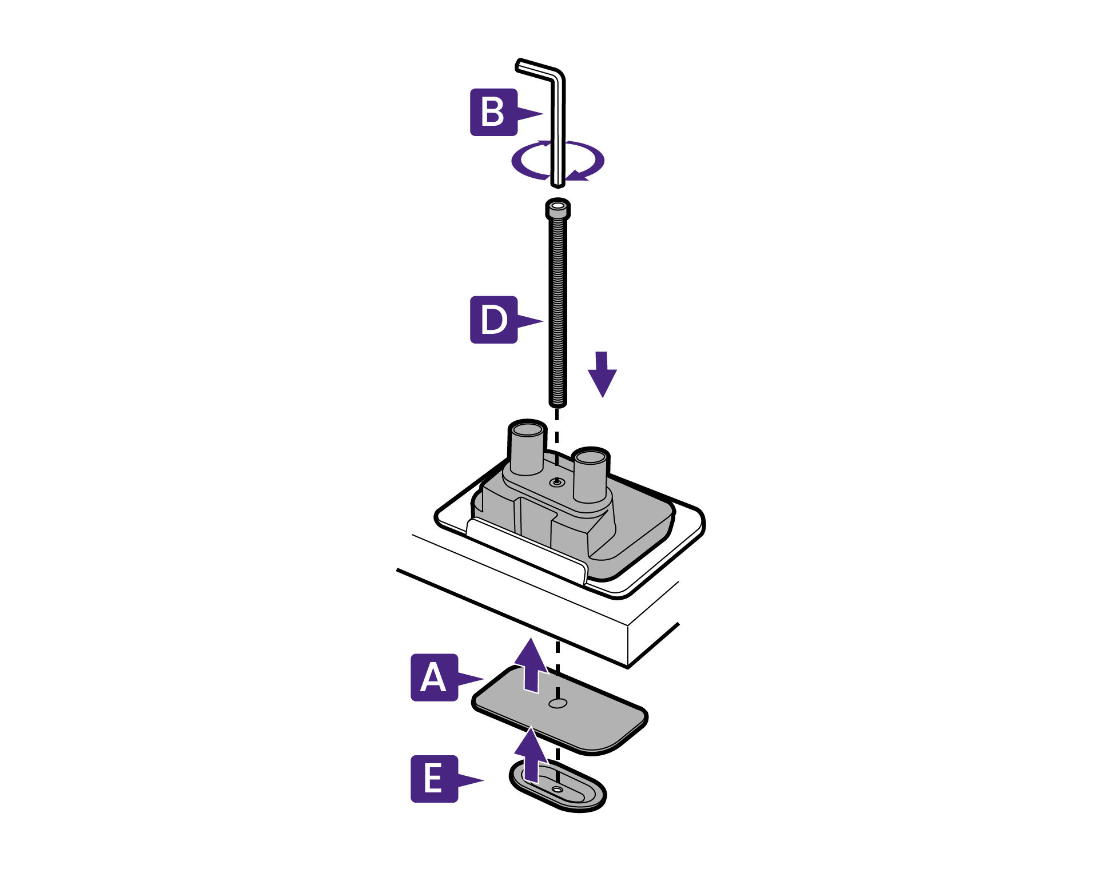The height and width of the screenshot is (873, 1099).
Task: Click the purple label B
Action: (493, 112)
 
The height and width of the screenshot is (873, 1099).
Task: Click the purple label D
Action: (493, 320)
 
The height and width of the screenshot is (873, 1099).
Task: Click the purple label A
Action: (434, 677)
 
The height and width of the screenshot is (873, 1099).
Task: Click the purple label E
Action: (434, 779)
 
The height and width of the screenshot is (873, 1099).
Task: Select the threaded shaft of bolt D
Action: (558, 309)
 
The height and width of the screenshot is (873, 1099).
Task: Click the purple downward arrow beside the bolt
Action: (602, 374)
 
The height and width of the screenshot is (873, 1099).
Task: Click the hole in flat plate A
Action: (558, 703)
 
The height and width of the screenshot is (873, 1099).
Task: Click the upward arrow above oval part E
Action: (531, 755)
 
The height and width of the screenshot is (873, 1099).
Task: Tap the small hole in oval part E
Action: (558, 790)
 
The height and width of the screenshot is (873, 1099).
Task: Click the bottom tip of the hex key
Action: (558, 184)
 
